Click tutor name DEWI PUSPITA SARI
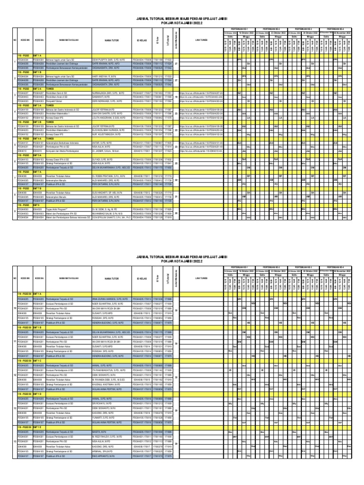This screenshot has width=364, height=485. coord(109,60)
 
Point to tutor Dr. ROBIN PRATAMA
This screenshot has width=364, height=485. coord(109,176)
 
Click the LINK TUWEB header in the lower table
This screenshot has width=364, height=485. coord(201,278)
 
